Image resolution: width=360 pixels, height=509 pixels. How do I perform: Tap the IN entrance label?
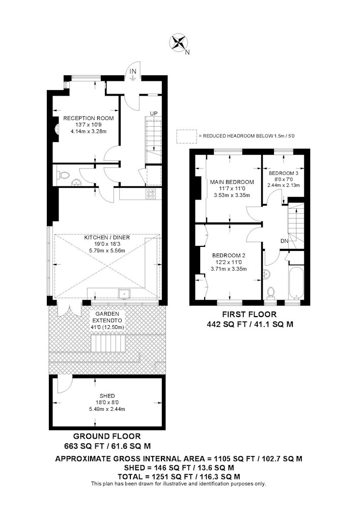pos(133,71)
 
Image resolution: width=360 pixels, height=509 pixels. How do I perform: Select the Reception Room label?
pos(88,118)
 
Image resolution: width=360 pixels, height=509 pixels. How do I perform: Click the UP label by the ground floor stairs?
pos(154,114)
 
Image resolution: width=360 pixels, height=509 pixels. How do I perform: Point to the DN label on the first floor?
pos(284,241)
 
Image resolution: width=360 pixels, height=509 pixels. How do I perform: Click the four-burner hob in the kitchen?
pos(151,194)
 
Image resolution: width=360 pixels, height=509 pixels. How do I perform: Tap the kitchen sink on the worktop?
pos(124,294)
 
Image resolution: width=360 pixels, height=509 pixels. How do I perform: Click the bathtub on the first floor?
pos(296,283)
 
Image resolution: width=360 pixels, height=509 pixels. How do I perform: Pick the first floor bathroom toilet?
pos(270,293)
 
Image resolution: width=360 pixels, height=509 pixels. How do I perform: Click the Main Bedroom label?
pos(232,182)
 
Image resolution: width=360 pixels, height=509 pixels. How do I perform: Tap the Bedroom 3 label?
pos(284,174)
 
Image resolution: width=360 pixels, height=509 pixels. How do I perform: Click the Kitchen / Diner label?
pos(107,238)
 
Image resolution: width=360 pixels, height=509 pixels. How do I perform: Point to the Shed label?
pos(107,395)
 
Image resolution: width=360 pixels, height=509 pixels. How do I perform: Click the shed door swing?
pos(64,384)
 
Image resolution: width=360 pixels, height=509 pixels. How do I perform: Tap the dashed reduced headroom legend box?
pos(186,136)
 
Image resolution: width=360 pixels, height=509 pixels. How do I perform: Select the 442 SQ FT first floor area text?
pos(250,324)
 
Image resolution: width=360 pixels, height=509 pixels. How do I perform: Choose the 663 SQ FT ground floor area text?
pos(107,446)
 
